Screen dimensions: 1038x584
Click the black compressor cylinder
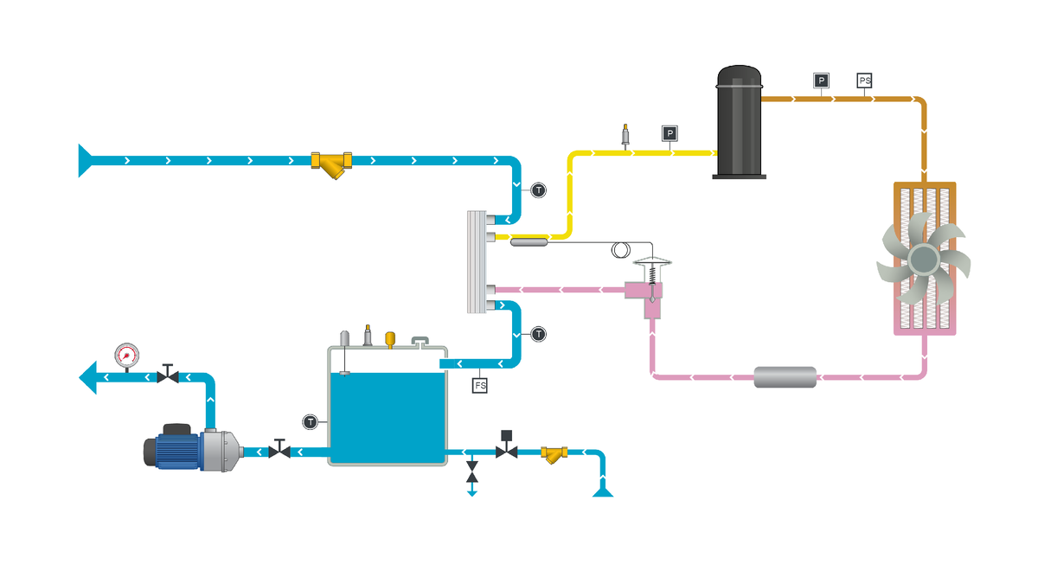point(739,121)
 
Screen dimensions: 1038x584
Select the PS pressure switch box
point(864,80)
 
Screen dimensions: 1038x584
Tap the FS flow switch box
point(479,385)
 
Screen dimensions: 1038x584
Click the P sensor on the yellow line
point(670,133)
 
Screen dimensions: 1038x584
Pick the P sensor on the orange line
point(821,80)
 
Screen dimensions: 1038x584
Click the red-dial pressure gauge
point(126,355)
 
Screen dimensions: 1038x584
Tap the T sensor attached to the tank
point(310,422)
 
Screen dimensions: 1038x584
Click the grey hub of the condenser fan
point(924,260)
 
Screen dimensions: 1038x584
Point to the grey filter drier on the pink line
point(785,377)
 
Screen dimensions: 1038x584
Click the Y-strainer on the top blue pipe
point(331,164)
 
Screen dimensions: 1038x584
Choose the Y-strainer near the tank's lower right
point(554,454)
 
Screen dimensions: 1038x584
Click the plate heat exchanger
point(477,262)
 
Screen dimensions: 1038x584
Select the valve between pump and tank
point(279,449)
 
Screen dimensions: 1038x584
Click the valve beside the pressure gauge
point(168,374)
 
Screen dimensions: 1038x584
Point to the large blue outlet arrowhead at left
point(88,377)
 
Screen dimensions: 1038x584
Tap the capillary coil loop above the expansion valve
point(621,250)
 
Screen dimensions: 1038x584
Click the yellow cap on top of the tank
point(390,339)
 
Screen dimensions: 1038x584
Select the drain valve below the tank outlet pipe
point(471,472)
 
